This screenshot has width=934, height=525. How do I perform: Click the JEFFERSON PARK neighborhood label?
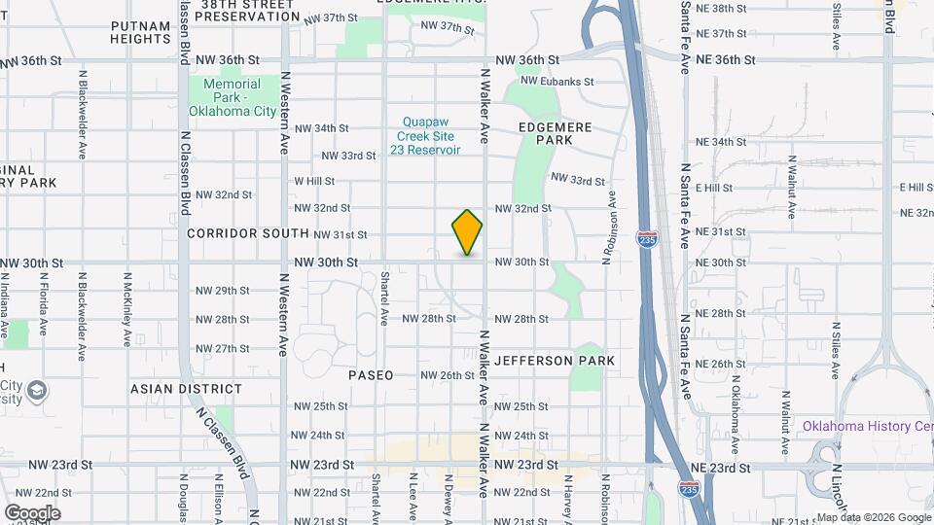[555, 361]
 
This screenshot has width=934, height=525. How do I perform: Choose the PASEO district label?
[372, 375]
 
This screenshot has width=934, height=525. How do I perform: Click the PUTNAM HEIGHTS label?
[141, 32]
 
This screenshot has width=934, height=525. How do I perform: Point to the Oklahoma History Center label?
[867, 426]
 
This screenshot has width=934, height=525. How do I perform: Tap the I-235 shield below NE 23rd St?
[688, 490]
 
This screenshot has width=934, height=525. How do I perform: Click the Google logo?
[32, 512]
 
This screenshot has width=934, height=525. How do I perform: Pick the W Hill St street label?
[314, 181]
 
